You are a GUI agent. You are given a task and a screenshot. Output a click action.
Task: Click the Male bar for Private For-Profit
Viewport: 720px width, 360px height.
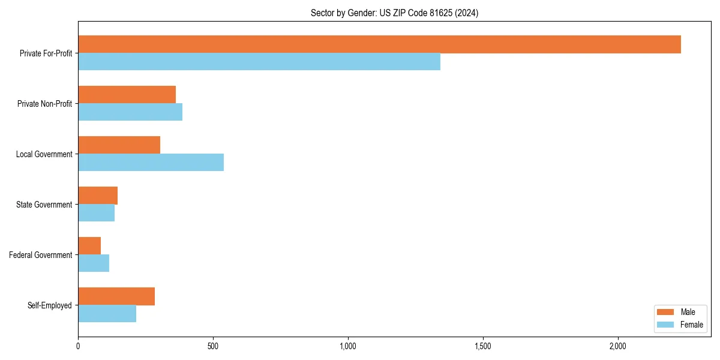point(379,44)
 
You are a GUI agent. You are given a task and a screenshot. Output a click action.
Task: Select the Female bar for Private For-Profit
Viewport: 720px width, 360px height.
point(259,62)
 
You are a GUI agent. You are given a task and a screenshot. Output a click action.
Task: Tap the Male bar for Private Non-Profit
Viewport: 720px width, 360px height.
point(127,95)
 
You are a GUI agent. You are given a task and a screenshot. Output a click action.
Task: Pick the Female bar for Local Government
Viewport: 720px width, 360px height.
point(151,163)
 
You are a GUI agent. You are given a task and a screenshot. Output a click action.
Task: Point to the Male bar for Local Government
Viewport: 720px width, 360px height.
point(119,145)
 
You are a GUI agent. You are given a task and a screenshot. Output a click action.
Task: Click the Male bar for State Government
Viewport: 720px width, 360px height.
point(98,196)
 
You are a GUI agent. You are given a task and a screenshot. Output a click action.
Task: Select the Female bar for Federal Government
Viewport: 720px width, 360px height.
point(94,263)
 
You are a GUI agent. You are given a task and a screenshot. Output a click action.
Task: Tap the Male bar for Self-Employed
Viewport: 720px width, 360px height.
point(116,296)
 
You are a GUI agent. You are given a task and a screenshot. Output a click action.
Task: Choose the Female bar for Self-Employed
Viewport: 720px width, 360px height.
point(107,314)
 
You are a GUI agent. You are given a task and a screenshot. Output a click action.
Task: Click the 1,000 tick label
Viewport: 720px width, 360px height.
point(348,346)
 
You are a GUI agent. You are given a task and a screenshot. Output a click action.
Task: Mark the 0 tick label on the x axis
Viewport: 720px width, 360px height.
point(78,346)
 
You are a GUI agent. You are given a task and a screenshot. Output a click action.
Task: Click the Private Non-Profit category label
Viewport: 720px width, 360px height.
point(44,104)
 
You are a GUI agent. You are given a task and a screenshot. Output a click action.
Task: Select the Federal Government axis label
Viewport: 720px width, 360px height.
point(41,255)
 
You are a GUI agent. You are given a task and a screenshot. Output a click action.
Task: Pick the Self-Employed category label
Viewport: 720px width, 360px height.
point(50,305)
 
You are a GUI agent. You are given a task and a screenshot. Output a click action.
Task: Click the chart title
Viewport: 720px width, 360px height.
point(394,13)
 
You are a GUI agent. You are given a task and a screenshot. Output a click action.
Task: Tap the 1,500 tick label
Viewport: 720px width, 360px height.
point(483,346)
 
